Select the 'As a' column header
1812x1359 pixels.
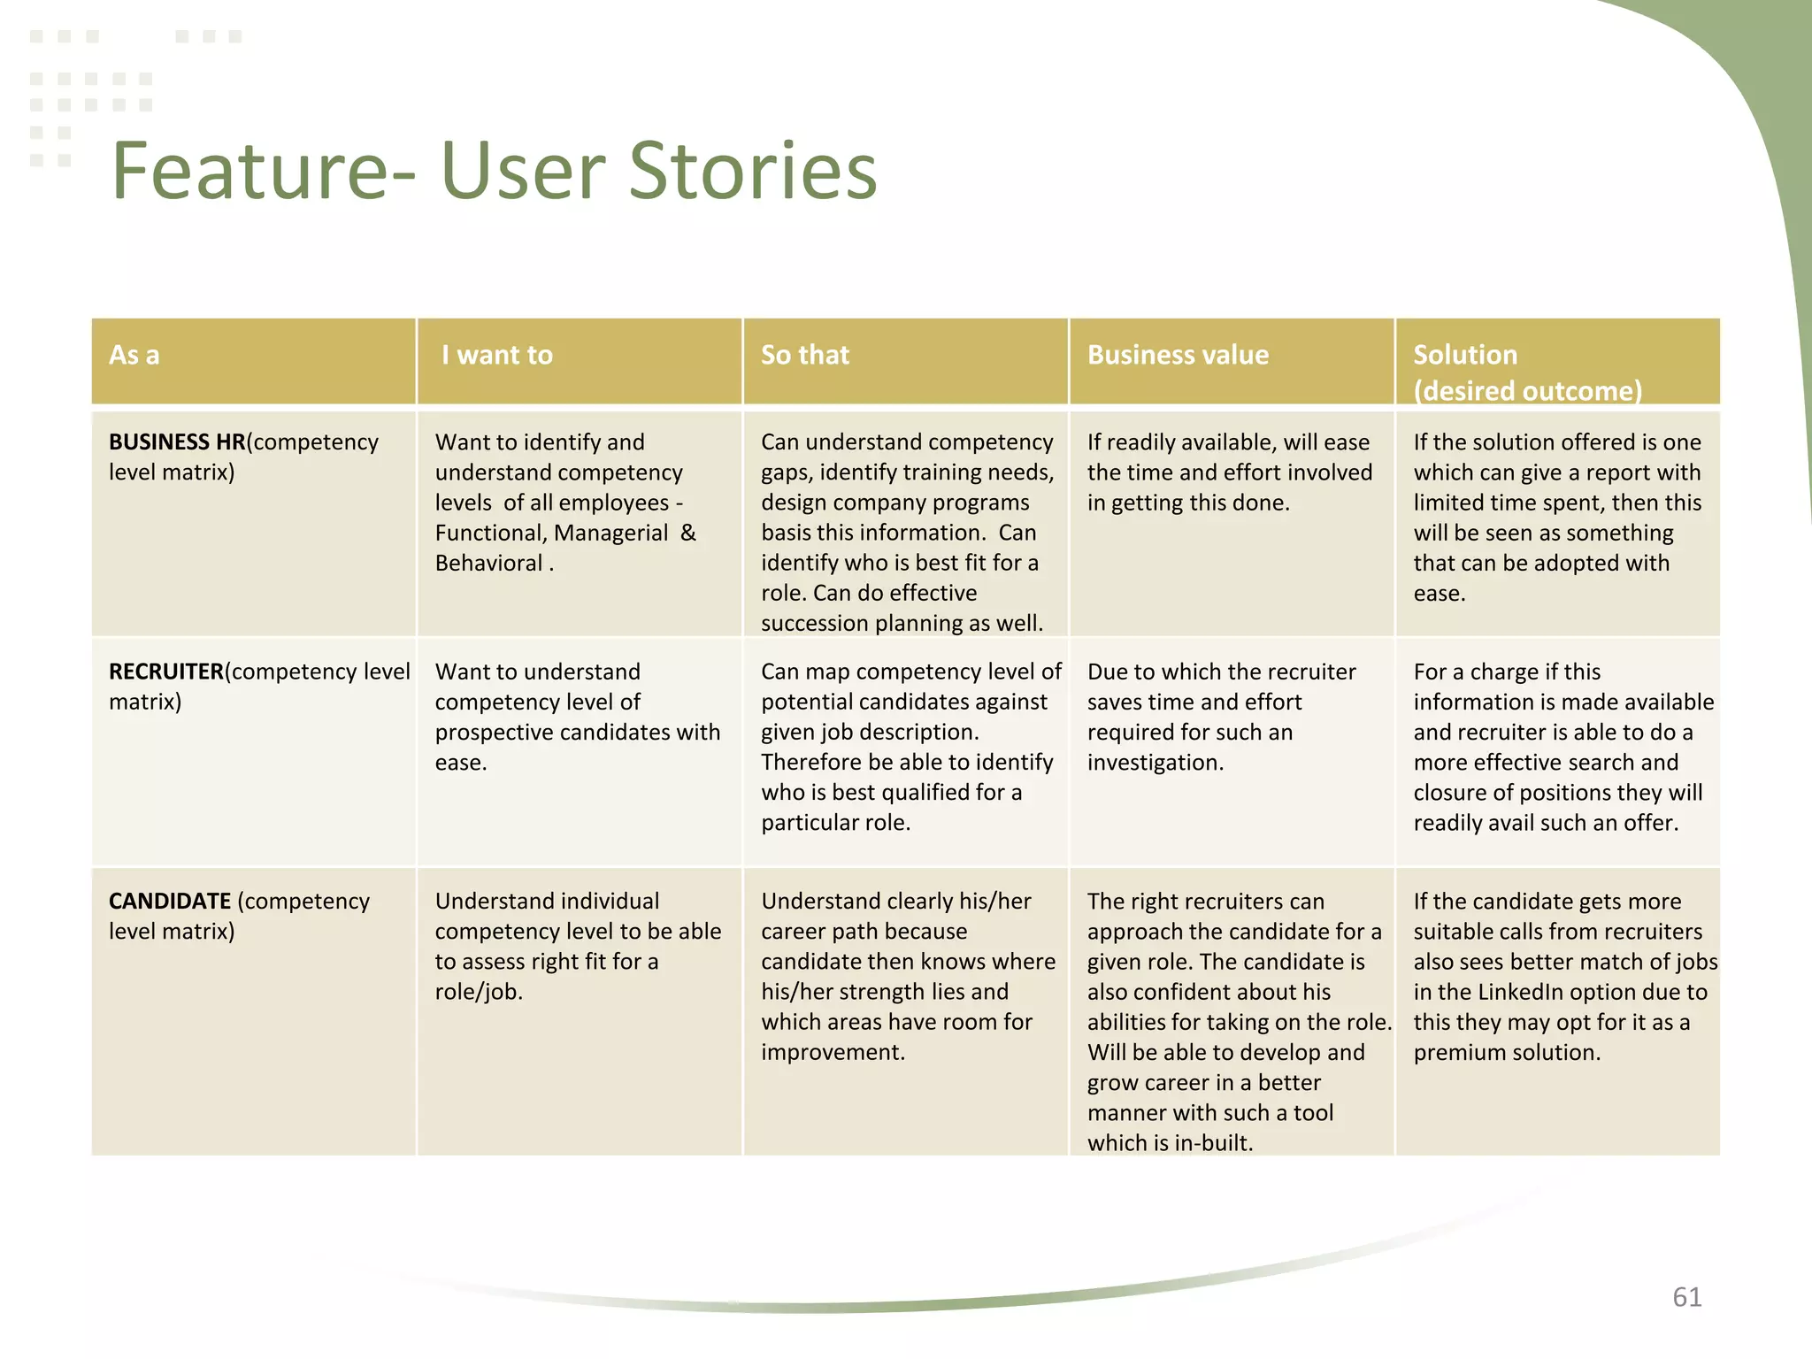tap(134, 355)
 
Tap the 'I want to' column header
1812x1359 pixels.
tap(496, 355)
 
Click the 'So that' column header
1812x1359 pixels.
tap(804, 355)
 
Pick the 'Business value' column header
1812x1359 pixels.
tap(1177, 355)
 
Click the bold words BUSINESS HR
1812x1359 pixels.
tap(176, 441)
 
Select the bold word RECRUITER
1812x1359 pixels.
tap(165, 672)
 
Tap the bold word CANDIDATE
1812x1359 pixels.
tap(169, 901)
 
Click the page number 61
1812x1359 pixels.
tap(1686, 1297)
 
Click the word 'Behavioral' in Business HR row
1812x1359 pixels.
tap(488, 563)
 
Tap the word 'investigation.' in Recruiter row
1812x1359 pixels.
tap(1155, 762)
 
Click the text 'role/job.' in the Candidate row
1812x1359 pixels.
tap(479, 992)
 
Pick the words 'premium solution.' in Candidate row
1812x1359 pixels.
tap(1507, 1052)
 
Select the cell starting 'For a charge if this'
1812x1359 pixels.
tap(1557, 747)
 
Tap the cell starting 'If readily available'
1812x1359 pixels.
tap(1230, 472)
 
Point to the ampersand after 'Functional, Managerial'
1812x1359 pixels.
tap(687, 533)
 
